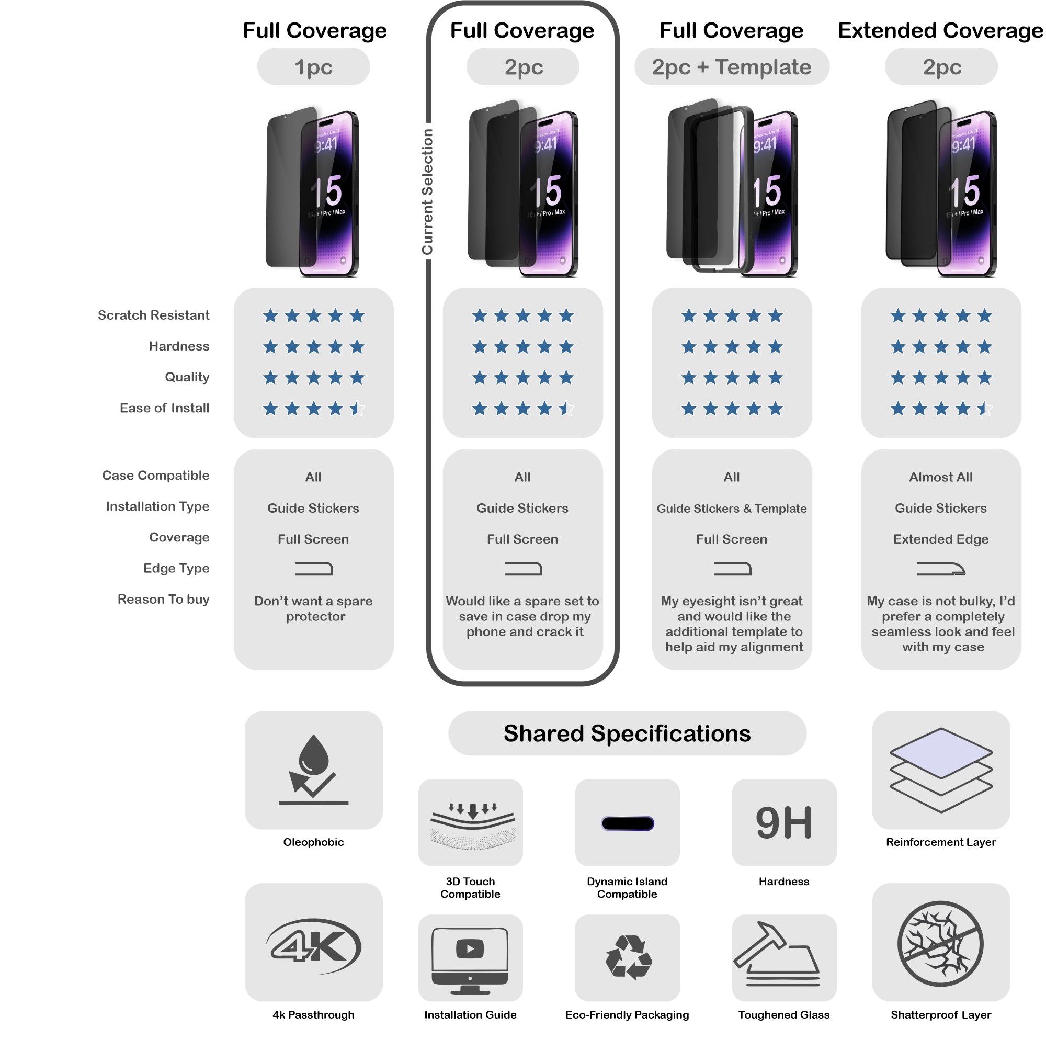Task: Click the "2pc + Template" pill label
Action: [x=731, y=67]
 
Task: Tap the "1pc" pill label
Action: [x=313, y=67]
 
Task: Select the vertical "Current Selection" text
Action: [x=427, y=192]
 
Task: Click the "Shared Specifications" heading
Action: [x=627, y=733]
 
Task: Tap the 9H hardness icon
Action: [x=784, y=822]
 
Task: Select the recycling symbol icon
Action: [x=628, y=957]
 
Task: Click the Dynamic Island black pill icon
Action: [x=628, y=823]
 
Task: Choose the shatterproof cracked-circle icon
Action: [x=940, y=943]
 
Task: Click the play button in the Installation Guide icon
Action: [x=470, y=948]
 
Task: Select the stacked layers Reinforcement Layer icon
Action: [x=940, y=769]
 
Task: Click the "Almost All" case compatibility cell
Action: [x=940, y=477]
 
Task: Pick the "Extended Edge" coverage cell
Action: [x=940, y=539]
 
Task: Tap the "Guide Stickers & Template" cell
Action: [x=731, y=508]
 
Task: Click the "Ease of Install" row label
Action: [x=164, y=408]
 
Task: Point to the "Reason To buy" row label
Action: [x=163, y=599]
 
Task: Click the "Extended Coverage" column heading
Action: [x=940, y=31]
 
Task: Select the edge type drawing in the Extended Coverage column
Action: [x=940, y=569]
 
